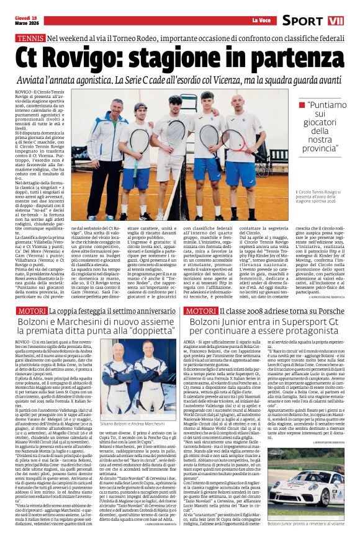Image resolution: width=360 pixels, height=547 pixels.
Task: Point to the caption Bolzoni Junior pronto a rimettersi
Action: click(310, 541)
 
